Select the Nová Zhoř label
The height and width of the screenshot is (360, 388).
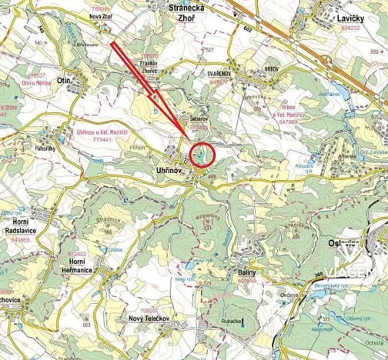click(x=101, y=15)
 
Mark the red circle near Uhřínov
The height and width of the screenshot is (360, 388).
click(x=202, y=155)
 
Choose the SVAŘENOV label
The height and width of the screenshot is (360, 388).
click(x=219, y=72)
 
